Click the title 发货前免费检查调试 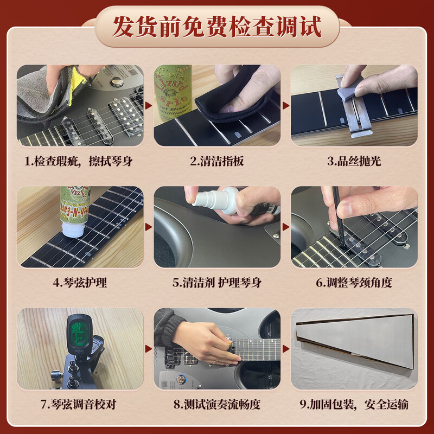point(217,27)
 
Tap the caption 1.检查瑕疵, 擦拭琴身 point(79,161)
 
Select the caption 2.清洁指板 point(217,161)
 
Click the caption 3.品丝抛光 point(353,161)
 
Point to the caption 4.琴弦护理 point(79,283)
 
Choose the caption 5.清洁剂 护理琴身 point(217,283)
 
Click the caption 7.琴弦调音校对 point(79,405)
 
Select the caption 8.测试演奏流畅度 point(217,405)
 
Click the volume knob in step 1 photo point(116,82)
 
